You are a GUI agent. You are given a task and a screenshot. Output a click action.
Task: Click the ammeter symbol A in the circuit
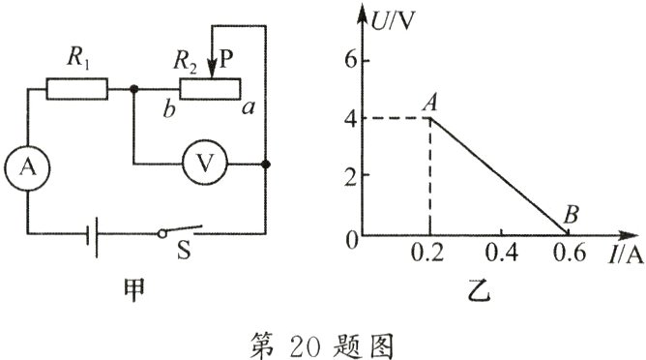click(27, 167)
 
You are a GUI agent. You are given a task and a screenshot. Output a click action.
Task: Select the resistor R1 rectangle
click(76, 90)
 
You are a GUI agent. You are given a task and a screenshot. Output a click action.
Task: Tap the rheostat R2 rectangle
click(210, 90)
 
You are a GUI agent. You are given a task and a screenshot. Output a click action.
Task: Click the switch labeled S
click(181, 232)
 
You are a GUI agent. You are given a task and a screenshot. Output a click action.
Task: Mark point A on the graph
click(429, 118)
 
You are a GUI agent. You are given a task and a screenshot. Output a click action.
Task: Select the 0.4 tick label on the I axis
click(500, 254)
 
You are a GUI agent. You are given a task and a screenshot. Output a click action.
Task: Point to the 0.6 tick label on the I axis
click(571, 254)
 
